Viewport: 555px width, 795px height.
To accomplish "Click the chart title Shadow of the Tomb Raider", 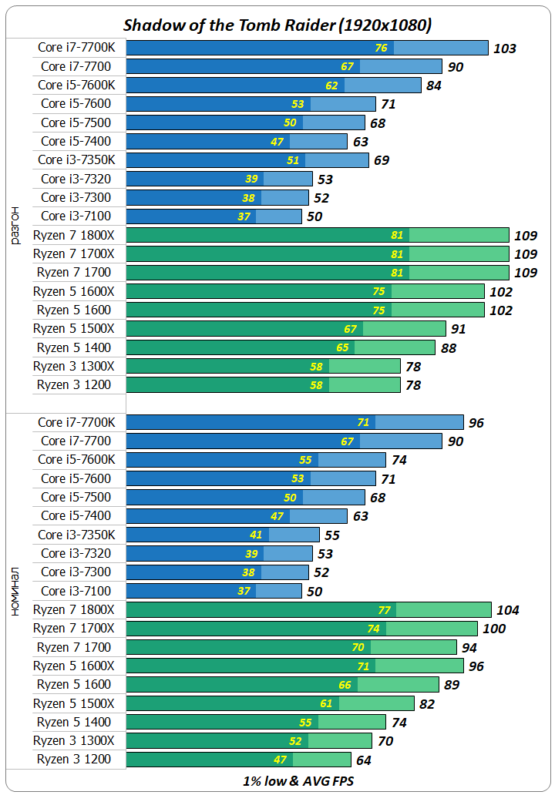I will click(277, 25).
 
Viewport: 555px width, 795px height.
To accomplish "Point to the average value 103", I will click(504, 49).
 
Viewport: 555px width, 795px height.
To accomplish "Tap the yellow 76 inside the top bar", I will click(381, 48).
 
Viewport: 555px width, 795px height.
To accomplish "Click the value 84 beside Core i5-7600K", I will click(433, 86).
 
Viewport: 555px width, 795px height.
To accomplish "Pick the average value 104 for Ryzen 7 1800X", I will click(508, 610).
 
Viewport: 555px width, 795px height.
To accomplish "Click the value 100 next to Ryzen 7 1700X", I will click(494, 629).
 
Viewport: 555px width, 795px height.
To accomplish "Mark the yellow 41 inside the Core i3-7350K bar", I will click(256, 535).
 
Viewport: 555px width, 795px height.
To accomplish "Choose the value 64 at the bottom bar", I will click(363, 760).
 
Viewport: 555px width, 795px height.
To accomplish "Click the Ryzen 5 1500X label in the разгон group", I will click(74, 328).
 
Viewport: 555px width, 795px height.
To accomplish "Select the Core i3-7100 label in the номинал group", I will click(76, 591).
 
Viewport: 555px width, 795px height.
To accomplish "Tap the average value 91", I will click(458, 329).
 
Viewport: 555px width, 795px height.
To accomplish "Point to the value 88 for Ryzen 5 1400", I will click(448, 348).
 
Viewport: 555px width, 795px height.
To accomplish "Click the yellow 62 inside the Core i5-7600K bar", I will click(331, 86).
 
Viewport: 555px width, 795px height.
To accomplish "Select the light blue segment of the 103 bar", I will click(441, 48).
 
